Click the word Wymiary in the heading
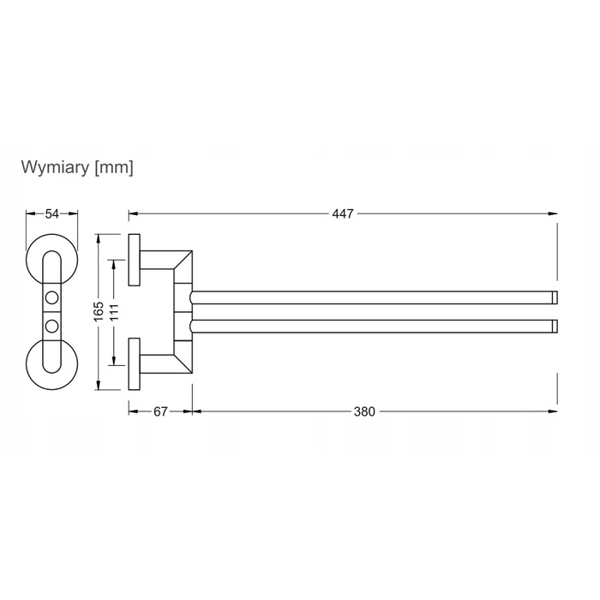pos(55,168)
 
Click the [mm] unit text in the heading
pos(114,168)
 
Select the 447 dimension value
pos(343,214)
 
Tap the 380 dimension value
pos(364,411)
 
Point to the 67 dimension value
pos(160,411)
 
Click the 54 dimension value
pos(52,214)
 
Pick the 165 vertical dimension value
pos(99,311)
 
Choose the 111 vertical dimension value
pos(114,312)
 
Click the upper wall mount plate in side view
pos(134,260)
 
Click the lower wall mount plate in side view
pos(134,364)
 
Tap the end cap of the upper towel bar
pos(555,297)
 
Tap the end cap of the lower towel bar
pos(555,326)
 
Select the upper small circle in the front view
pos(51,297)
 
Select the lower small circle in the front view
pos(51,326)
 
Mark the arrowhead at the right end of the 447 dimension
pos(553,214)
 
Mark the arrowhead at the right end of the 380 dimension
pos(553,411)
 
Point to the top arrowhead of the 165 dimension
pos(99,238)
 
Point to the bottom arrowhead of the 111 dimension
pos(114,361)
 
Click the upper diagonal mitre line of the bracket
pos(183,260)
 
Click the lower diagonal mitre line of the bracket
pos(183,363)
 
